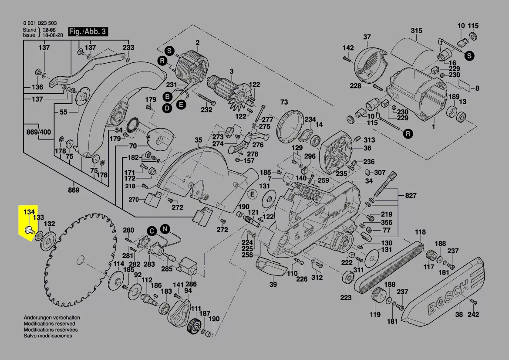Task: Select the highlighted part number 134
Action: (x=29, y=212)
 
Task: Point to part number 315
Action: (x=416, y=31)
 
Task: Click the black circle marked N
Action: (x=165, y=229)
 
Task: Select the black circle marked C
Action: (x=152, y=231)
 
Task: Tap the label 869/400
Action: (x=38, y=132)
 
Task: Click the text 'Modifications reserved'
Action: (x=49, y=324)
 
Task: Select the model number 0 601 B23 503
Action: (x=40, y=23)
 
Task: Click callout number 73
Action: (x=284, y=102)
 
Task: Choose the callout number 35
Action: (x=198, y=140)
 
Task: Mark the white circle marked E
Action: (x=251, y=193)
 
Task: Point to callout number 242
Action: (x=473, y=315)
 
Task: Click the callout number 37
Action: (x=367, y=37)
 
